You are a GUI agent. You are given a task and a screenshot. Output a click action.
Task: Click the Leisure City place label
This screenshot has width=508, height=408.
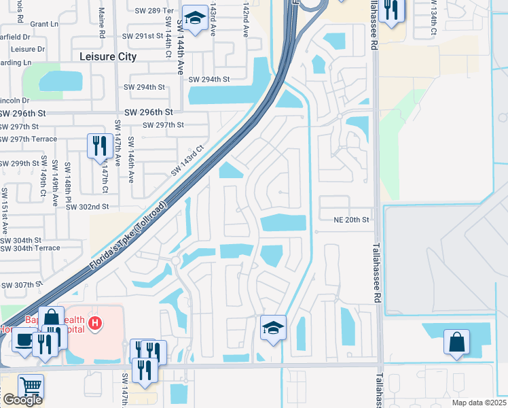pyautogui.click(x=108, y=57)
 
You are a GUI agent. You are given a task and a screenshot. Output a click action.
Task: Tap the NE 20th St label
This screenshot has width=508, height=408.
pyautogui.click(x=350, y=220)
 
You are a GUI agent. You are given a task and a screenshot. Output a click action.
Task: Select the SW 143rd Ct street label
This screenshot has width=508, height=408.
pyautogui.click(x=188, y=161)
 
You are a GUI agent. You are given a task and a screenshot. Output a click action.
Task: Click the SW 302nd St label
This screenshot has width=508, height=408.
pyautogui.click(x=87, y=206)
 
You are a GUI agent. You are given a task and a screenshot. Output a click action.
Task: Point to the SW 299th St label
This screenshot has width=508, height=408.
pyautogui.click(x=20, y=163)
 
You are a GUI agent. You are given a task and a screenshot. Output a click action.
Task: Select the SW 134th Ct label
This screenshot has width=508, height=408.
pyautogui.click(x=433, y=20)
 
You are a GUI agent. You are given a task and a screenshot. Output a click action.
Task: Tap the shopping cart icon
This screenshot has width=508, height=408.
pyautogui.click(x=31, y=386)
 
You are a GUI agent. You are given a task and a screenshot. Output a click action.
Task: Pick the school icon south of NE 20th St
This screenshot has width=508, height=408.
pyautogui.click(x=273, y=328)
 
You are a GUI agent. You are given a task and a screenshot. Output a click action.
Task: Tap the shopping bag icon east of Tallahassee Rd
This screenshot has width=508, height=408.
pyautogui.click(x=457, y=341)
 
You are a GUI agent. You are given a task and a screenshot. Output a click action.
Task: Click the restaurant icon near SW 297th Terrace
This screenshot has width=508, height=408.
pyautogui.click(x=99, y=146)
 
